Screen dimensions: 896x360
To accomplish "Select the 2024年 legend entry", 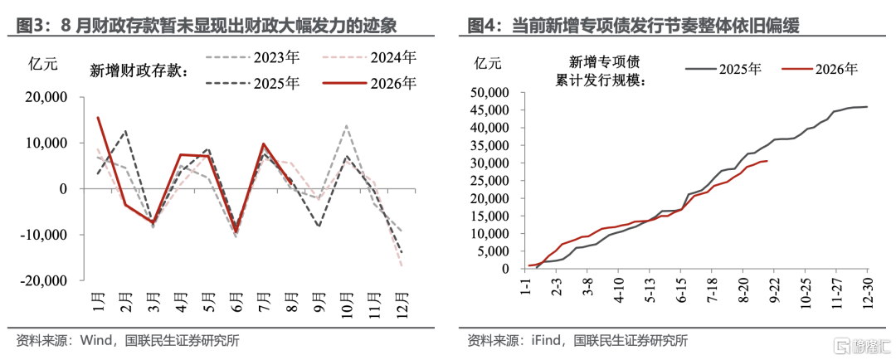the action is [369, 58].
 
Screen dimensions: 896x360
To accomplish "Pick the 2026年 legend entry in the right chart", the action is [820, 70].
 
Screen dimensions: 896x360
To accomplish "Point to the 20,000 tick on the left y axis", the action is [46, 97].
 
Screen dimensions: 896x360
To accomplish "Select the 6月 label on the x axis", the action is [236, 300].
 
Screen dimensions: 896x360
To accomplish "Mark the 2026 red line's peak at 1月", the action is [98, 118].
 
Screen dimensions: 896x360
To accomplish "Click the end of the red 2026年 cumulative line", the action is [767, 161].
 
